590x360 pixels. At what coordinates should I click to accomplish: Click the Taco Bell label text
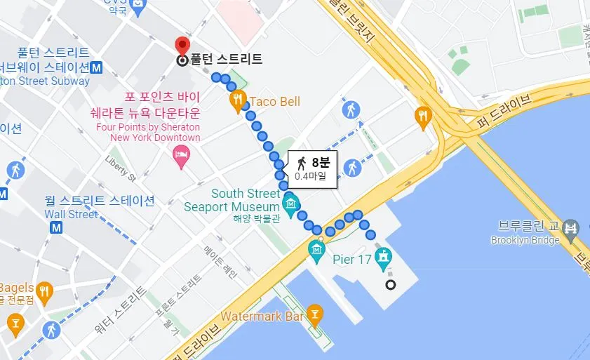click(x=275, y=102)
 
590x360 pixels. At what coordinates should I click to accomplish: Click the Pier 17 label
click(x=352, y=259)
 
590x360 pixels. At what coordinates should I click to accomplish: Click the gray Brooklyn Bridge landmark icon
click(x=572, y=228)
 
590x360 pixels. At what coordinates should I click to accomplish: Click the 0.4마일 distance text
click(x=311, y=177)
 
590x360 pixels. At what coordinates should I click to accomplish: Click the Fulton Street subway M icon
click(x=98, y=68)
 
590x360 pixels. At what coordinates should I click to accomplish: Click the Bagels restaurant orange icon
click(x=44, y=289)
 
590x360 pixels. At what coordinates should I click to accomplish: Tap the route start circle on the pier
click(x=391, y=285)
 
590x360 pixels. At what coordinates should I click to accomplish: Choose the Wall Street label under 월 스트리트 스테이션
click(x=72, y=214)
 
